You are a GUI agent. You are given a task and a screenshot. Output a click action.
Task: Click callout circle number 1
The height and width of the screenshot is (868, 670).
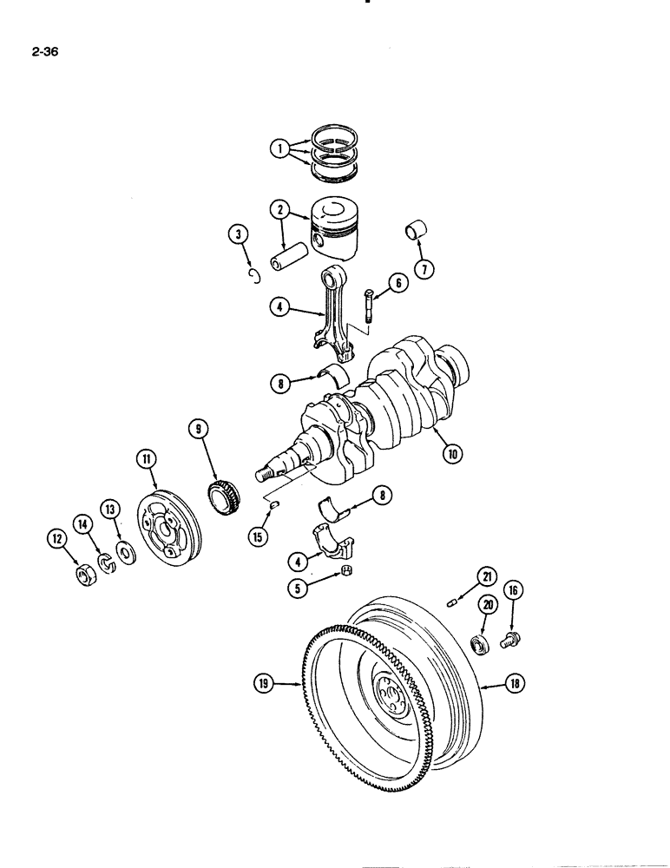pyautogui.click(x=279, y=148)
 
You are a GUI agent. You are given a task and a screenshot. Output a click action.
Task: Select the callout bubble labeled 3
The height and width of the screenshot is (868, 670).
pyautogui.click(x=238, y=233)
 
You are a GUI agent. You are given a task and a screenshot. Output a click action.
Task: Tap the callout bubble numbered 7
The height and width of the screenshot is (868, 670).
pyautogui.click(x=424, y=268)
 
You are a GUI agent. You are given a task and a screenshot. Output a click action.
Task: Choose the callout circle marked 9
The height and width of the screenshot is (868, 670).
pyautogui.click(x=198, y=428)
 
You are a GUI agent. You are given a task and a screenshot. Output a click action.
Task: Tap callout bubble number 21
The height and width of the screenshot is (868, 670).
pyautogui.click(x=488, y=576)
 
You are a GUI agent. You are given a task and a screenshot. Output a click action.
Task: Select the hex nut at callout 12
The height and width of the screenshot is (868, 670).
pyautogui.click(x=85, y=575)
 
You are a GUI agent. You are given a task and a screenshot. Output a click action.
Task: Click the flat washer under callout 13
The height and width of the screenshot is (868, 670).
pyautogui.click(x=125, y=553)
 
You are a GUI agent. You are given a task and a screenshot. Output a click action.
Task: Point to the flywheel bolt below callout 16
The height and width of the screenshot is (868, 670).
pyautogui.click(x=509, y=641)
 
